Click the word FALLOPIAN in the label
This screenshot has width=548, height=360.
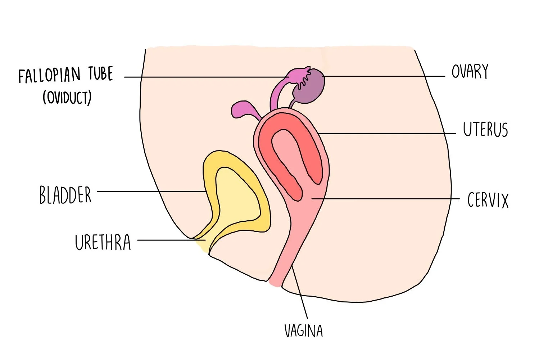[x=50, y=75]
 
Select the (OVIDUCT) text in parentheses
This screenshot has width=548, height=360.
[x=67, y=97]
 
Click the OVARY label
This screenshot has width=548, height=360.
[x=470, y=72]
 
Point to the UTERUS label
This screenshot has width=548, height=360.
[x=485, y=130]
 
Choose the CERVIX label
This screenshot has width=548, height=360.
[x=488, y=200]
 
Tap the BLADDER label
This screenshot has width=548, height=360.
[x=65, y=195]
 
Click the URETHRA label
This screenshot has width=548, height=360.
[x=103, y=242]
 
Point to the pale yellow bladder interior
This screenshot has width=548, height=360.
[x=236, y=194]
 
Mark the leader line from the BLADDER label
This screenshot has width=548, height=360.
[x=151, y=192]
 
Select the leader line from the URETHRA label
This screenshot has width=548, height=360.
[x=169, y=240]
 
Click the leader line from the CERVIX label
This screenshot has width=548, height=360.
[x=385, y=198]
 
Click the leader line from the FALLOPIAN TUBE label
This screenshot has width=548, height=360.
[x=205, y=77]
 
